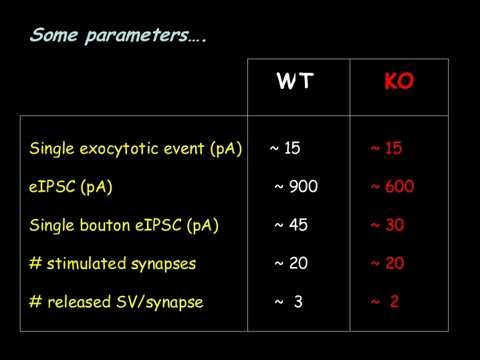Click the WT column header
point(295,81)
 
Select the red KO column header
point(399,81)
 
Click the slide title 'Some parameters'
point(118,35)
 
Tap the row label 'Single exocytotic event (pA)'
point(136,149)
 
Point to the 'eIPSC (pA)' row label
point(71,186)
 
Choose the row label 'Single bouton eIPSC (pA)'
point(124,226)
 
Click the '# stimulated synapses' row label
point(112,264)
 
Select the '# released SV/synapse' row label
point(116,302)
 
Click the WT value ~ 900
point(296,186)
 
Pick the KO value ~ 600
point(392,186)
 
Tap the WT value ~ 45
point(291,225)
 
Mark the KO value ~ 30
point(388,225)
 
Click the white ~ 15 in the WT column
point(285,148)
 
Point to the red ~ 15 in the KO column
point(386,148)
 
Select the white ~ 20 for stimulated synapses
point(291,263)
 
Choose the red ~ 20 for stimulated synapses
point(388,263)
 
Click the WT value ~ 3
point(288,302)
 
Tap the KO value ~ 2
point(385,302)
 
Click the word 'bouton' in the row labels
point(105,225)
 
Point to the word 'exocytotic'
point(120,149)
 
